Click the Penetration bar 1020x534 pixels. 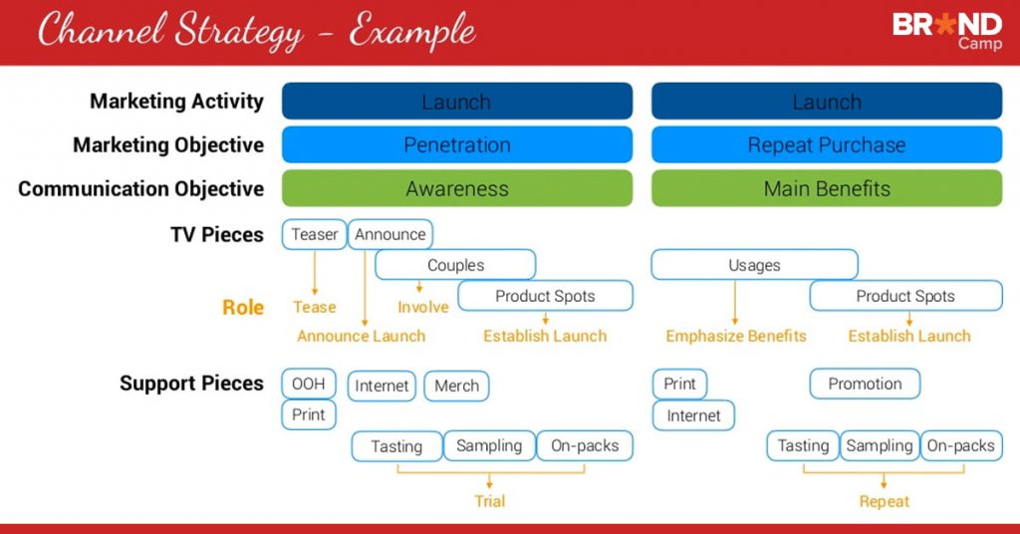point(457,144)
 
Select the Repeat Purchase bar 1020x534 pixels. point(827,144)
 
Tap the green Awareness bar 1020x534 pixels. point(457,188)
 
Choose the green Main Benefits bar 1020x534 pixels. point(827,188)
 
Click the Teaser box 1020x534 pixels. point(315,234)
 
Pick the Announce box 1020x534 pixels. point(390,234)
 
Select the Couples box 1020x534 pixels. point(455,265)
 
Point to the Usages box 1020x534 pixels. point(754,265)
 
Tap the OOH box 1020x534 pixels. point(309,384)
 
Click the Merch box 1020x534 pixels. point(456,386)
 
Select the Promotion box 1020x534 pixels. point(865,384)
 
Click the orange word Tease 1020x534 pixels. point(315,307)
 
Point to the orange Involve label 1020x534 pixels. point(423,307)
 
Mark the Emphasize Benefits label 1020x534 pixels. point(736,336)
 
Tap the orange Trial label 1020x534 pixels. point(489,501)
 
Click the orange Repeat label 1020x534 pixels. point(885,501)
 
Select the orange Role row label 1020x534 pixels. point(243,307)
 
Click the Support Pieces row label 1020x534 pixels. point(191,384)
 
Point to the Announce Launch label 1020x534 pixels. point(361,336)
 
